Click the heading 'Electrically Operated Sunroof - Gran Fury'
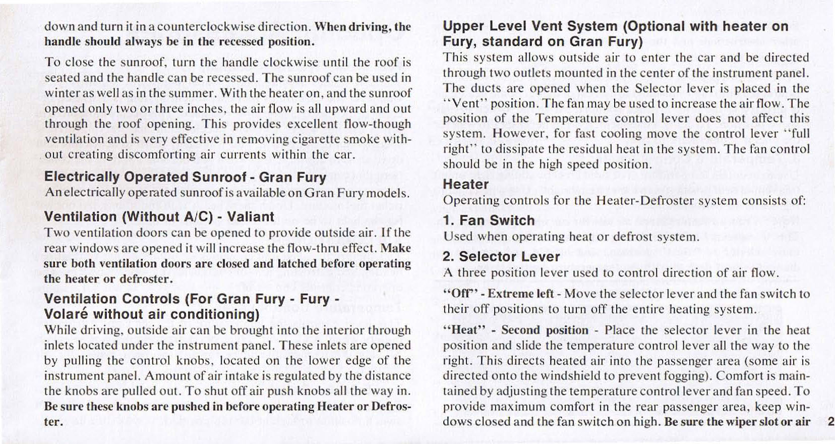tap(185, 177)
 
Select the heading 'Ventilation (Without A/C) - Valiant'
tap(159, 217)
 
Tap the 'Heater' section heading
tap(465, 184)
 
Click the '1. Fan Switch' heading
tap(489, 220)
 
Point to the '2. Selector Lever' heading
tap(501, 257)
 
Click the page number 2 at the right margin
tap(830, 422)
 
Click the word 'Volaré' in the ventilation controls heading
tap(67, 314)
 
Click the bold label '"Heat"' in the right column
tap(460, 330)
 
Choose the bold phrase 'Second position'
tap(545, 330)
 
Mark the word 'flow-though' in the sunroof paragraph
tap(375, 124)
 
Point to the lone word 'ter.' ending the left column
tap(53, 422)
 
